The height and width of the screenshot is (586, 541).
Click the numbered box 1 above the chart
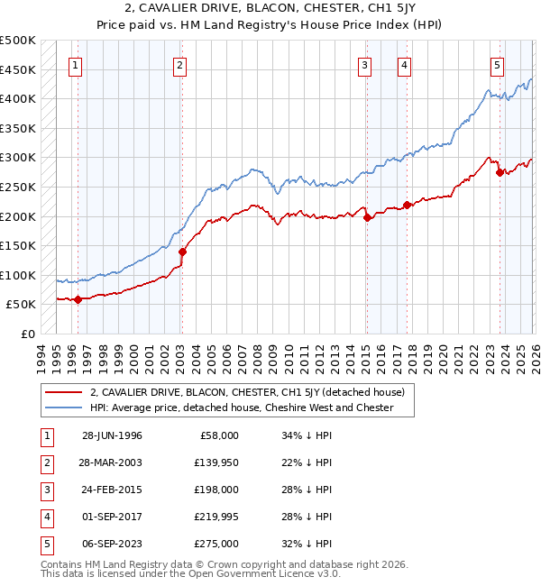(76, 65)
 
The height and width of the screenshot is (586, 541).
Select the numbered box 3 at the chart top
(364, 65)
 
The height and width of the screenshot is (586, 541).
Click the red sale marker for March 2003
(182, 252)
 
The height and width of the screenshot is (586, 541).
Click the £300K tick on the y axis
(18, 158)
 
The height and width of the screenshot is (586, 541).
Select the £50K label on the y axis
(22, 305)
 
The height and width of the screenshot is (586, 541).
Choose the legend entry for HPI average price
(242, 407)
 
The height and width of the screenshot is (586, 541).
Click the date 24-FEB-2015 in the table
(112, 489)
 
